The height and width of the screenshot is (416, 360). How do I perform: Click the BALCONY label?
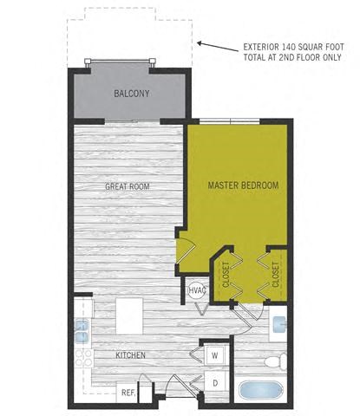click(x=131, y=94)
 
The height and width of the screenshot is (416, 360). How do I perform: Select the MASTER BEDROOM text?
click(x=242, y=185)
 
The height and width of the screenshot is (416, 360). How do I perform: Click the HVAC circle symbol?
click(x=197, y=290)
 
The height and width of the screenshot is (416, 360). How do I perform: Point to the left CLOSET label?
click(x=225, y=274)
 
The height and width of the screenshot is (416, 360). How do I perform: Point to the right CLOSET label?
click(x=276, y=274)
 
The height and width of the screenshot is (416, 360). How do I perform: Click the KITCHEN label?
click(x=130, y=355)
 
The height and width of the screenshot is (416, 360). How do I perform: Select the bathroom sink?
click(x=278, y=325)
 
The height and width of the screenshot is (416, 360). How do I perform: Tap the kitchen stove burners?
click(x=81, y=360)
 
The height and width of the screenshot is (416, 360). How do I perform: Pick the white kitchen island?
click(x=130, y=310)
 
